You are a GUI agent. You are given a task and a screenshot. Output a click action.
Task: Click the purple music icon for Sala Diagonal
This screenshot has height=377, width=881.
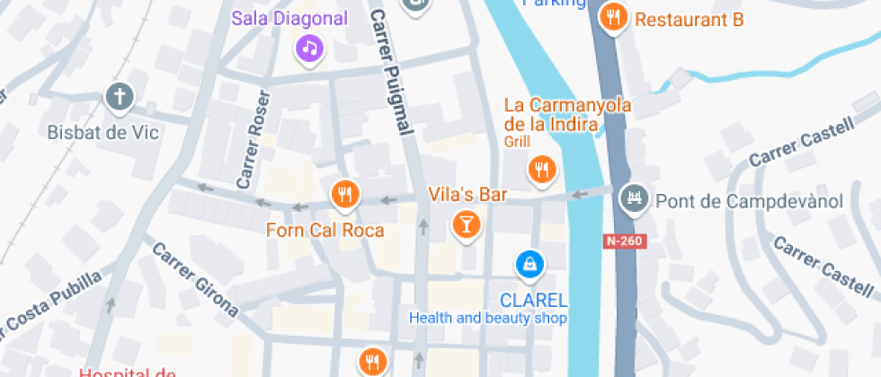309,48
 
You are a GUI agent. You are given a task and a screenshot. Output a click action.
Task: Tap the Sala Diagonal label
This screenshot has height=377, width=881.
289,18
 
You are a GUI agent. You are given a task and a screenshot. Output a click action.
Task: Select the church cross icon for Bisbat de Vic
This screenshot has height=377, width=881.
119,96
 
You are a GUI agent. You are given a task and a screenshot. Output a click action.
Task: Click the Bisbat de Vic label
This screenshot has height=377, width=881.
102,133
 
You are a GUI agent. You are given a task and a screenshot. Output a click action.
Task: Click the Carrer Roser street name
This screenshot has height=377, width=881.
253,139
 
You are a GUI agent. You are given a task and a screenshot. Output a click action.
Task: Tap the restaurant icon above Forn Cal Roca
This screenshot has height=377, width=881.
345,193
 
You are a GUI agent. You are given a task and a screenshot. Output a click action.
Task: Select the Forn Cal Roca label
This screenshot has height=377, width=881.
325,231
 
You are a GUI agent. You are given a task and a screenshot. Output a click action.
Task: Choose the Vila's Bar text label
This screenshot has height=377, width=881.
467,195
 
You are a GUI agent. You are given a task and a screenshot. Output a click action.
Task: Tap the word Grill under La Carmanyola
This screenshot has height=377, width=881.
517,142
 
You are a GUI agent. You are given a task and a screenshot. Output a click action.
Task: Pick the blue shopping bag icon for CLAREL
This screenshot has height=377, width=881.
529,264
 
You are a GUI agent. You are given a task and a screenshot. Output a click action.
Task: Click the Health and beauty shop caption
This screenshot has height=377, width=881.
488,318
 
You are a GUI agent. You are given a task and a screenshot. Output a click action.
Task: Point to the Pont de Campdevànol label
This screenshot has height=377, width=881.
749,201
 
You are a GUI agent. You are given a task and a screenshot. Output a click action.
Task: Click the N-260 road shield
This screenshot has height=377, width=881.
625,241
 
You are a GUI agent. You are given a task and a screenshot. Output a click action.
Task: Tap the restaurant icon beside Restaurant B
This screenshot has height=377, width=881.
615,17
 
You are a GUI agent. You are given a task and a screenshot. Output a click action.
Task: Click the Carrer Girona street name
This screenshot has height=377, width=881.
195,280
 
